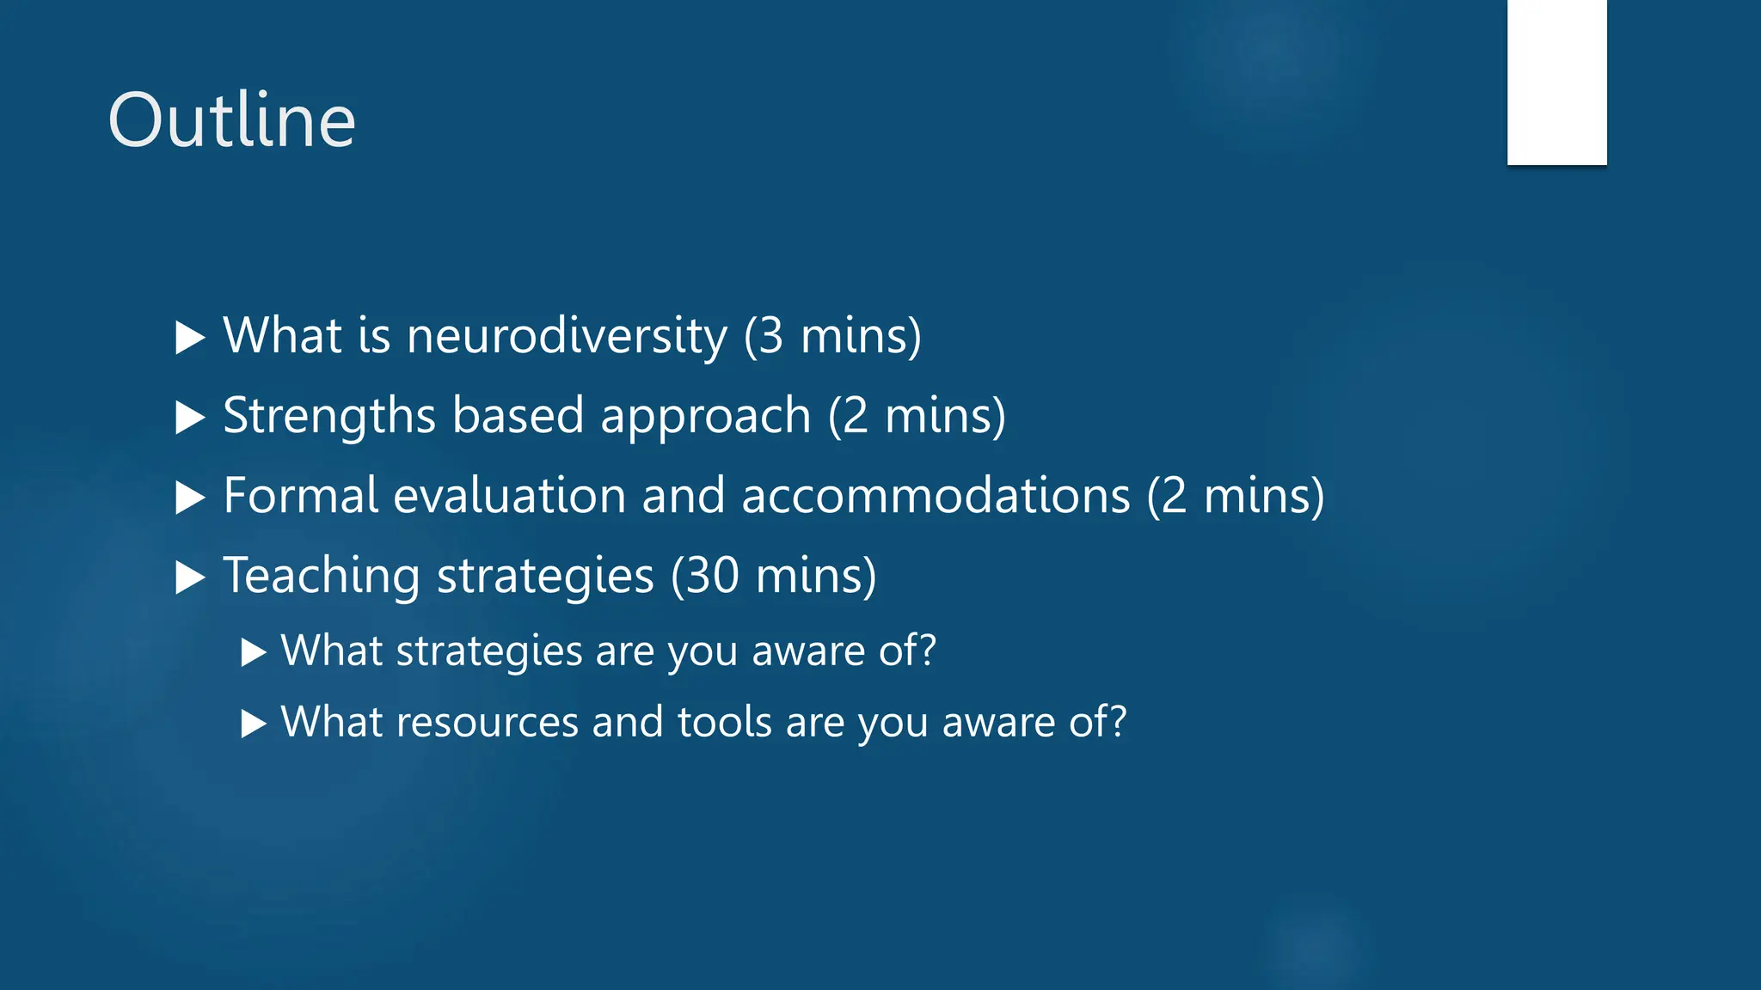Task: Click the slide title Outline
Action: tap(231, 120)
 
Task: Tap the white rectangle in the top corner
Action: tap(1556, 82)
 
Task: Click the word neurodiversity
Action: tap(567, 335)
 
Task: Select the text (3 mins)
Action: tap(832, 335)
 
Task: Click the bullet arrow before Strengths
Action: tap(189, 418)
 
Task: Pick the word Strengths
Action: tap(329, 416)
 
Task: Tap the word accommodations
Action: tap(935, 496)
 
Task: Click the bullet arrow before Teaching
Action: tap(189, 577)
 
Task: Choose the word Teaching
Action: tap(321, 576)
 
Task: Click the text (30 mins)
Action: tap(773, 576)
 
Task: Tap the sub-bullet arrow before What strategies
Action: tap(253, 652)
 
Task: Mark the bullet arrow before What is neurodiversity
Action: tap(189, 338)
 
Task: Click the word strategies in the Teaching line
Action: tap(545, 576)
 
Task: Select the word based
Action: tap(518, 416)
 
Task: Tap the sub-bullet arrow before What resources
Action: tap(253, 724)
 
